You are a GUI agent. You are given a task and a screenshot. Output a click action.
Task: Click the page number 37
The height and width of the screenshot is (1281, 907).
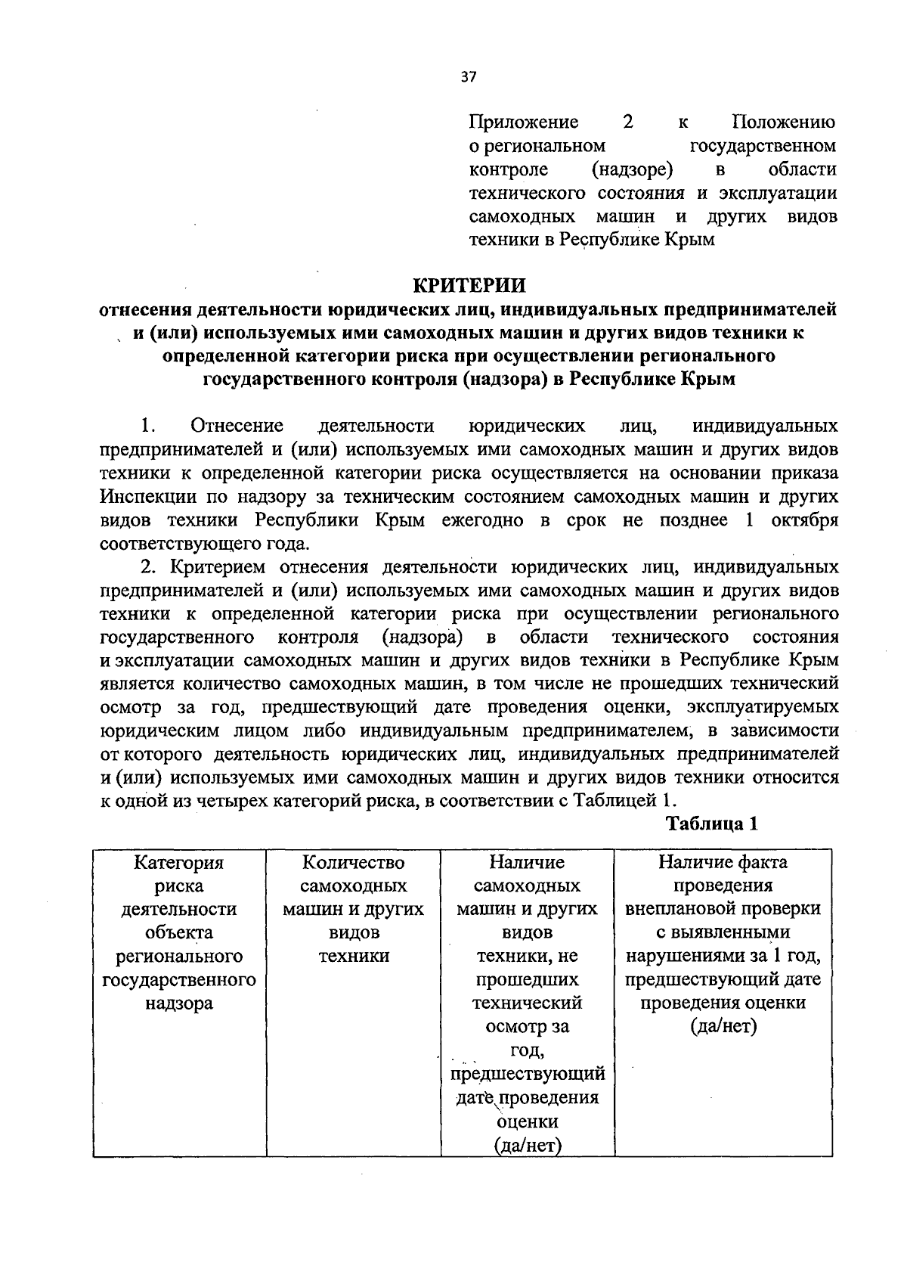(468, 76)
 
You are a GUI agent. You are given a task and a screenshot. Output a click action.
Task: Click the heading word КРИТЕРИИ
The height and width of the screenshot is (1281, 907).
(469, 286)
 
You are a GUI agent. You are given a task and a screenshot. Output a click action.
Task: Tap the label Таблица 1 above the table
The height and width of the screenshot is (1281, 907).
(711, 823)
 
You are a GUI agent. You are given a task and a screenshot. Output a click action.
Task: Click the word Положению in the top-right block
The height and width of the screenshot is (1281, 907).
(785, 122)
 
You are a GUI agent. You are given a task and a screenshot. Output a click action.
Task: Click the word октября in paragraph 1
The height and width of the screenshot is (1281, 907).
(804, 520)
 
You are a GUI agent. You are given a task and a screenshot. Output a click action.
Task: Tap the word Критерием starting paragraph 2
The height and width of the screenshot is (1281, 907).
(218, 567)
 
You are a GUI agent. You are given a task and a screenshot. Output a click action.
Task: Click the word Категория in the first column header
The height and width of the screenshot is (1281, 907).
(179, 862)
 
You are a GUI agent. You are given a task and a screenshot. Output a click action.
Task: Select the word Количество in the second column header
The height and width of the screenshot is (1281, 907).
(353, 862)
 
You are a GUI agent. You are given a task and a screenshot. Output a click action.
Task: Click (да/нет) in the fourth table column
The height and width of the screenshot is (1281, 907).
(723, 1027)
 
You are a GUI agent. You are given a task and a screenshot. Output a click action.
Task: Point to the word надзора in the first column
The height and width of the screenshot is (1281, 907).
(179, 1003)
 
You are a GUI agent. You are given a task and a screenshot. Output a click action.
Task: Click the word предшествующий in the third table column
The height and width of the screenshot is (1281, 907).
(527, 1074)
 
